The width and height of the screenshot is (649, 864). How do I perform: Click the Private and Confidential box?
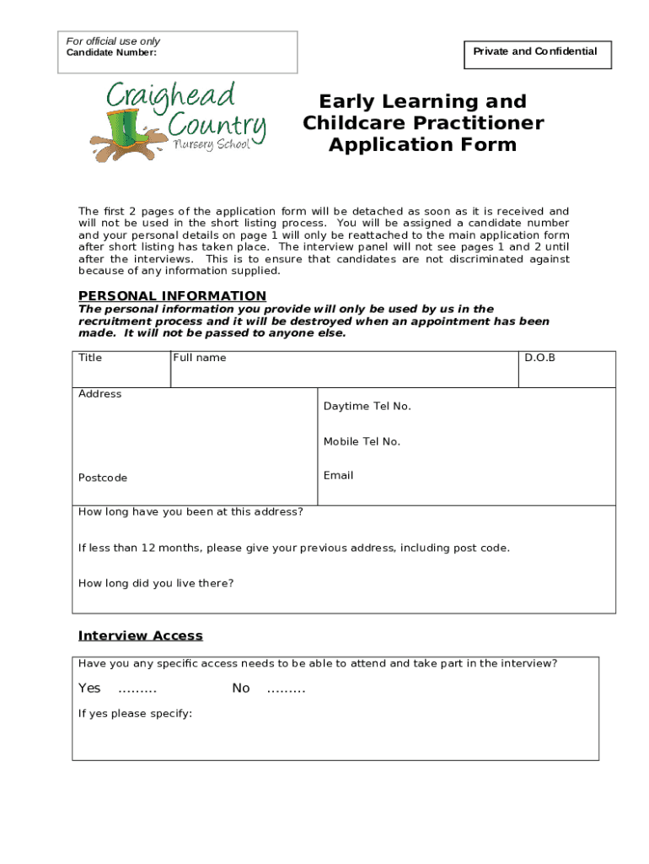point(535,52)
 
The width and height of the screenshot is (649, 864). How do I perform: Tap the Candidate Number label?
point(111,53)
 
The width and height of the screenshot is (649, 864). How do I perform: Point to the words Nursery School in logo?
point(211,144)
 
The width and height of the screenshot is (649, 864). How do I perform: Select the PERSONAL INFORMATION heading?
point(172,295)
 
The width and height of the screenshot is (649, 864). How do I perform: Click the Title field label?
point(90,358)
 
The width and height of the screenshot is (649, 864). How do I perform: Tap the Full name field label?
point(200,358)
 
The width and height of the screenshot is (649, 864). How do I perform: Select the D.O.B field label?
point(539,358)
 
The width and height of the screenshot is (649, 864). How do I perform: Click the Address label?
point(99,394)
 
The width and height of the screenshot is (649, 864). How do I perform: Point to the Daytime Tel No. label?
point(367,407)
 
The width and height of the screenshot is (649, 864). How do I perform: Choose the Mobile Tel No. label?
point(362,441)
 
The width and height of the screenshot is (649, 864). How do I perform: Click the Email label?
point(338,476)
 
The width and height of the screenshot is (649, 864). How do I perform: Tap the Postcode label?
point(103,478)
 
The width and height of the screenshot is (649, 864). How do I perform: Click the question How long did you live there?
point(156,583)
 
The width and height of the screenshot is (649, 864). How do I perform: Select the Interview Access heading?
point(141,635)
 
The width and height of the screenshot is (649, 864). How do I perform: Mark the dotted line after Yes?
point(137,689)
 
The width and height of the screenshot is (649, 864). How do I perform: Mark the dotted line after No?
point(286,689)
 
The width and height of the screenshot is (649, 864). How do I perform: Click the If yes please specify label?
point(135,714)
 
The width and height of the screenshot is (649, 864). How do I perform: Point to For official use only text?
point(113,41)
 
